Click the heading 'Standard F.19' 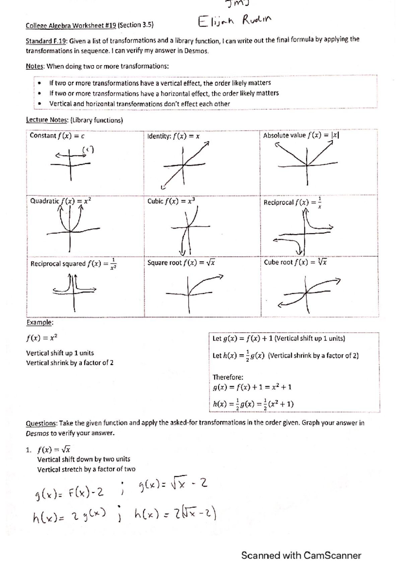[x=47, y=41]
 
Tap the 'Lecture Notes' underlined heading [x=47, y=120]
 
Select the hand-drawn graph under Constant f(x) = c [x=72, y=163]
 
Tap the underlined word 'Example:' [x=40, y=322]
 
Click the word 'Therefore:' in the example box [x=228, y=377]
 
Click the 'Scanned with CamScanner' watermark [x=301, y=555]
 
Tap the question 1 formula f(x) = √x [x=54, y=449]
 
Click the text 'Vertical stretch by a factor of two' [x=86, y=469]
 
